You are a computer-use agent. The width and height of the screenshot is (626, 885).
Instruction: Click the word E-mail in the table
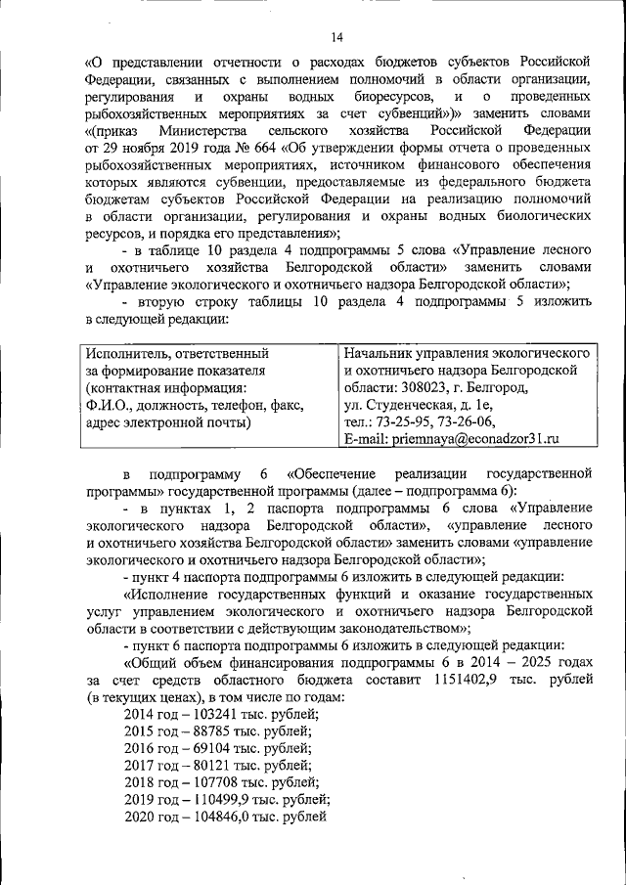click(x=365, y=440)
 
